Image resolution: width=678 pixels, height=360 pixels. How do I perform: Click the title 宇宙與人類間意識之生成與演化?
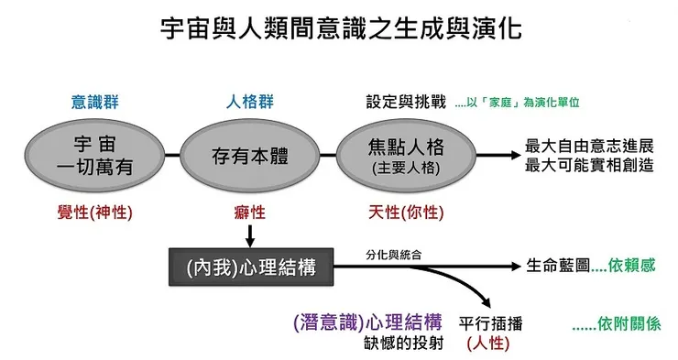pos(339,29)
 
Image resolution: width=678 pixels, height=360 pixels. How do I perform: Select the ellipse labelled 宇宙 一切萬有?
pos(96,155)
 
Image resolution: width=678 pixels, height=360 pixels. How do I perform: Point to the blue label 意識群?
pos(95,103)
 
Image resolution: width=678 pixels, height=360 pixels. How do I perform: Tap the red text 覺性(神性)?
pos(95,213)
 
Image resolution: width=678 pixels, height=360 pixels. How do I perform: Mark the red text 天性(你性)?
pos(404,213)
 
